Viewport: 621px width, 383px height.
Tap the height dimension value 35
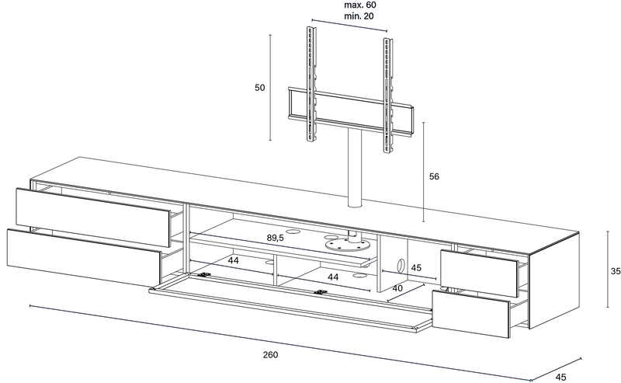click(616, 271)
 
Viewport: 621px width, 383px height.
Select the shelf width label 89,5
click(276, 238)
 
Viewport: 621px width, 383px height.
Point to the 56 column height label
click(434, 176)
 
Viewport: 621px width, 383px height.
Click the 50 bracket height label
click(259, 88)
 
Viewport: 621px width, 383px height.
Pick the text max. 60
click(360, 5)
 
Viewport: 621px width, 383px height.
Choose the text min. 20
click(359, 16)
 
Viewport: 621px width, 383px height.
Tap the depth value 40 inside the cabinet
click(397, 288)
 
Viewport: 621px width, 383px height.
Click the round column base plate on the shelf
click(348, 245)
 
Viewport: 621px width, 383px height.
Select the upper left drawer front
click(93, 218)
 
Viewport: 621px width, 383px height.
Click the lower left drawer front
click(84, 258)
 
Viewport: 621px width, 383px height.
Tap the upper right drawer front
click(479, 273)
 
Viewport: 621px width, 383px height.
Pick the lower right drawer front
click(470, 314)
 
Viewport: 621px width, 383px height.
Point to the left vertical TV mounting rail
click(311, 84)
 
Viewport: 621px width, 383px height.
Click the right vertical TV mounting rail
click(387, 95)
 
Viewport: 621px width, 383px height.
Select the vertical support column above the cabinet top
click(355, 168)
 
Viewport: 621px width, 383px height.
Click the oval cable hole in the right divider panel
click(401, 264)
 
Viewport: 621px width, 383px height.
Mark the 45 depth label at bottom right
click(560, 377)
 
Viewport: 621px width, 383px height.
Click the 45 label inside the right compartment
click(416, 268)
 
